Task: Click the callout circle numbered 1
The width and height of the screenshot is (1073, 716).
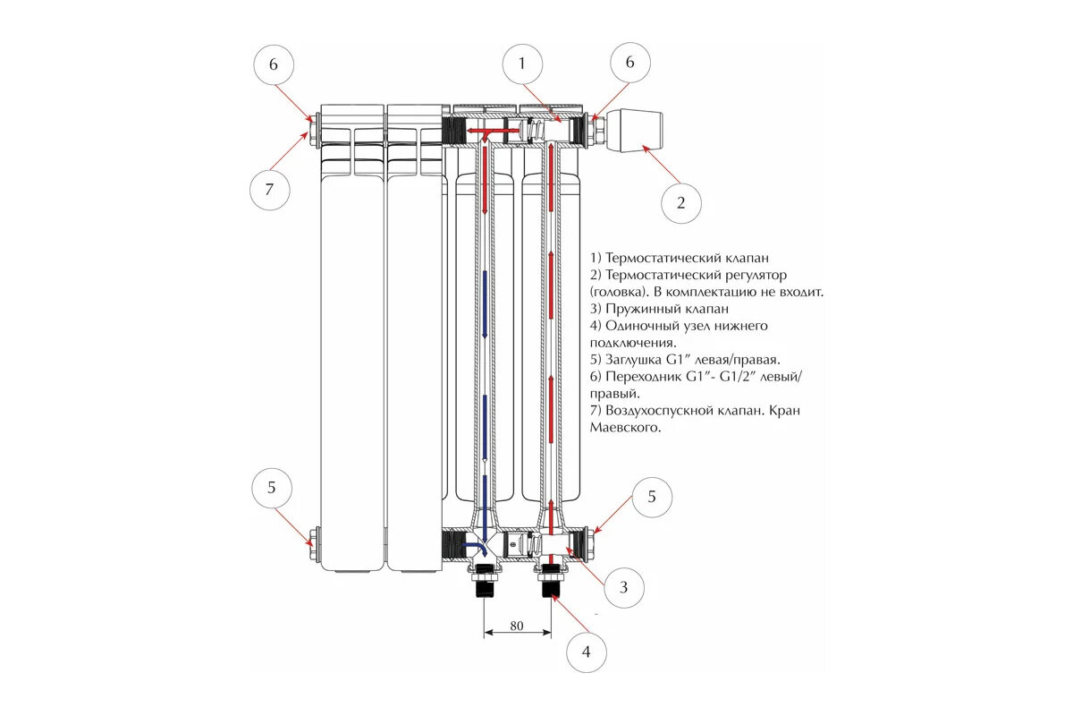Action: [x=529, y=63]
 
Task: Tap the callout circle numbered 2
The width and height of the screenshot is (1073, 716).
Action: [x=680, y=202]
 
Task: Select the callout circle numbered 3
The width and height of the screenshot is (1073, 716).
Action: [x=624, y=587]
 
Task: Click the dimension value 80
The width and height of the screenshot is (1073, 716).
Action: [x=517, y=626]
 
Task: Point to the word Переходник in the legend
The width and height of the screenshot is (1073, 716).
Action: [x=644, y=377]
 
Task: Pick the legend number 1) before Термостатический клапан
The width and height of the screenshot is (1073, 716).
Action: [x=596, y=258]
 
